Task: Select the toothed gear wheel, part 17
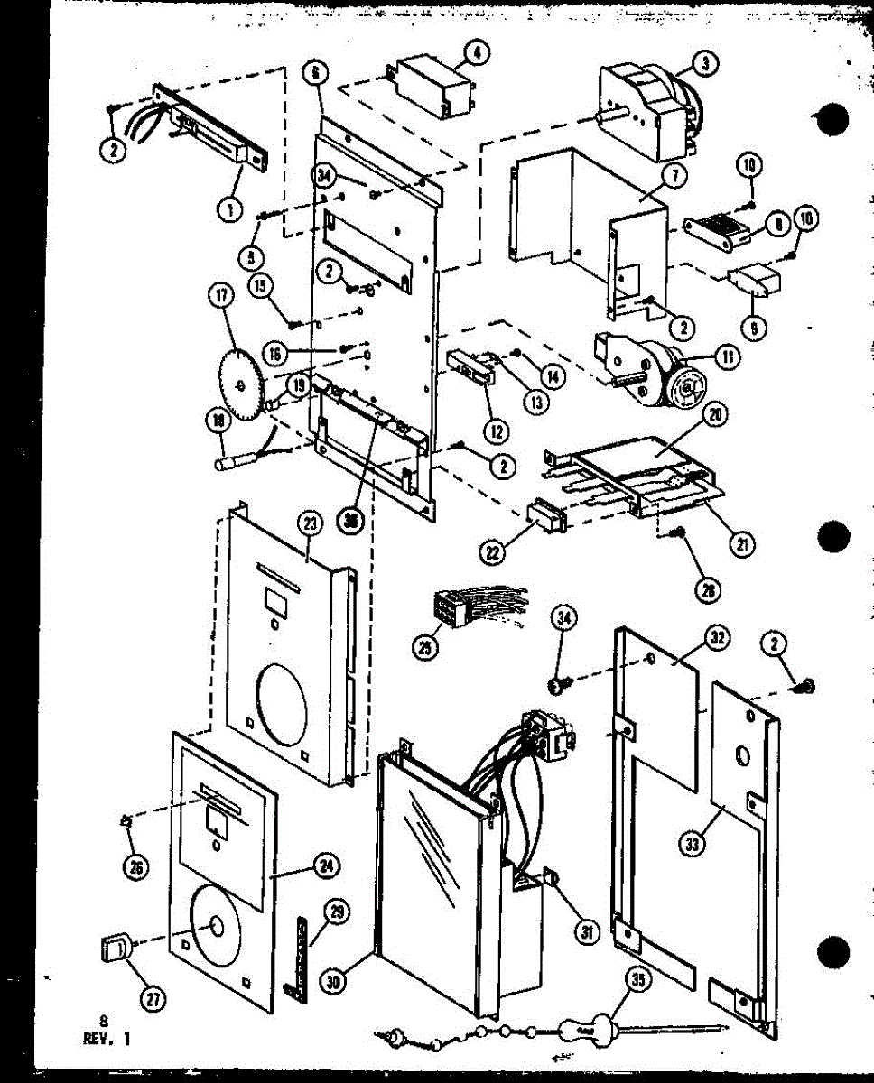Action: [241, 384]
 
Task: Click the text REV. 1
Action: [106, 1038]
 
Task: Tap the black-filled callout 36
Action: [348, 518]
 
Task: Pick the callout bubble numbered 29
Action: [335, 913]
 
